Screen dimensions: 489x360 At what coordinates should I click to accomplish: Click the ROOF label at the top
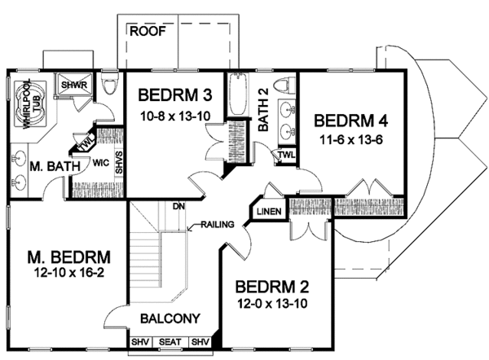[x=148, y=31]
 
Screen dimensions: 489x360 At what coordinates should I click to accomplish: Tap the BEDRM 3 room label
[x=175, y=95]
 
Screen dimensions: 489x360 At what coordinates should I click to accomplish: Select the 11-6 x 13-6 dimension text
[x=351, y=139]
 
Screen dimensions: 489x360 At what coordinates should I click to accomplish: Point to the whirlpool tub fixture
[x=31, y=104]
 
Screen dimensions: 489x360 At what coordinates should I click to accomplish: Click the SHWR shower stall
[x=74, y=85]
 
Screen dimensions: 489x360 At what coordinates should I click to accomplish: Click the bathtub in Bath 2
[x=239, y=94]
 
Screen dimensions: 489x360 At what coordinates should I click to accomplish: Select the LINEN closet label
[x=269, y=212]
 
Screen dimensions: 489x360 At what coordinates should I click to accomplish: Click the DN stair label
[x=178, y=206]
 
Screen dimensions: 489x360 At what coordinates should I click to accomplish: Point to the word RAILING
[x=218, y=224]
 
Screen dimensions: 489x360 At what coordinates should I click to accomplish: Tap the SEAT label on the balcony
[x=170, y=342]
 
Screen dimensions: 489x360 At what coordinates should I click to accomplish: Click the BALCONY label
[x=170, y=318]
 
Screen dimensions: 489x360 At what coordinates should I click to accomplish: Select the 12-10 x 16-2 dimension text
[x=69, y=273]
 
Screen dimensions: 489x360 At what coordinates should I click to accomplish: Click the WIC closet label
[x=101, y=162]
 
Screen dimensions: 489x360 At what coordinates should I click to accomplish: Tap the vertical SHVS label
[x=119, y=162]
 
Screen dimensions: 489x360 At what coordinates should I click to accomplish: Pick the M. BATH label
[x=55, y=166]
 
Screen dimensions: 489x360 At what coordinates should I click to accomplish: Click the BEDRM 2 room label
[x=272, y=287]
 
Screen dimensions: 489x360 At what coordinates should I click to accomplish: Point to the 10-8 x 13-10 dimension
[x=175, y=116]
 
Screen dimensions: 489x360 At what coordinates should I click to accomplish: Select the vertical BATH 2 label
[x=263, y=110]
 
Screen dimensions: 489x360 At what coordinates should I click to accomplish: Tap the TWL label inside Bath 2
[x=286, y=155]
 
